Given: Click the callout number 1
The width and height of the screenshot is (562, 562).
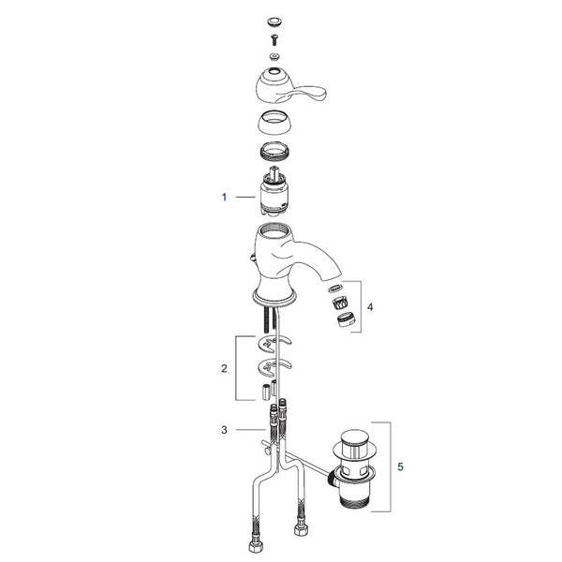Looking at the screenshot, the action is point(224,197).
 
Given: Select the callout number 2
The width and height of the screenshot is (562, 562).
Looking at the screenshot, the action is point(224,368).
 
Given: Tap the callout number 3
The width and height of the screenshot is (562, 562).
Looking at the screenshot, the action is point(224,430).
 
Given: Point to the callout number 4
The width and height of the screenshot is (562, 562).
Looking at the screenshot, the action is point(370,307).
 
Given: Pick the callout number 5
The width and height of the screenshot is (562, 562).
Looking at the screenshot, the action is point(400,466).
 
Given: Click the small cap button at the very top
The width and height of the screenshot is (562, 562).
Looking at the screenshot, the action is point(274,22).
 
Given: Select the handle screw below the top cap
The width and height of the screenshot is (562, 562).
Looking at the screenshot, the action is point(274,39).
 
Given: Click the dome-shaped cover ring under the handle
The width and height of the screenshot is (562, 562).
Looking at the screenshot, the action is point(274,123).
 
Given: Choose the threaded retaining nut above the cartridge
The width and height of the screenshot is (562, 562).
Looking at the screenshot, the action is point(274,150).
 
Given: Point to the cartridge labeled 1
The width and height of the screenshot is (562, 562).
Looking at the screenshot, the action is point(274,192).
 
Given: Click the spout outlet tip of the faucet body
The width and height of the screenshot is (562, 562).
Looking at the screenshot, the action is point(334,275).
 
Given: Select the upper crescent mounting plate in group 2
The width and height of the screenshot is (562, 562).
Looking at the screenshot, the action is point(274,343).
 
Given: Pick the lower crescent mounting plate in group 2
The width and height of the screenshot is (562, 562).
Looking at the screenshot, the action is point(274,366).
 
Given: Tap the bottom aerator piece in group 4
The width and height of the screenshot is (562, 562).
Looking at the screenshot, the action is point(347,319).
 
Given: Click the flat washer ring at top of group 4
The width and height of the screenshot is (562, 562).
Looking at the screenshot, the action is point(334,288).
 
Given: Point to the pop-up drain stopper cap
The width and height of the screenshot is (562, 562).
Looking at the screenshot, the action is point(355,444).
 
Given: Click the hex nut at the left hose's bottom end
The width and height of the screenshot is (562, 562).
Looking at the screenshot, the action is point(256,545).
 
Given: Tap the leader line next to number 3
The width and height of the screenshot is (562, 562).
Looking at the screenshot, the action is point(250,430).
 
